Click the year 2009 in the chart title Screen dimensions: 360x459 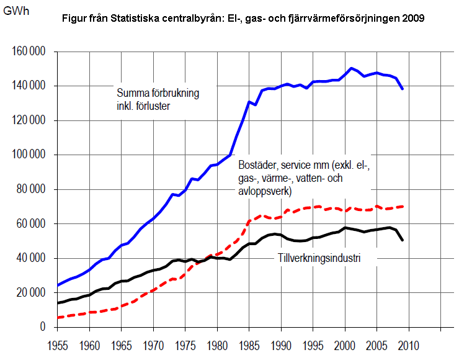(x=413, y=19)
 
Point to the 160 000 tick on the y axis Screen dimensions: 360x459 (x=30, y=52)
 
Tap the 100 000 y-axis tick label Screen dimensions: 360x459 (x=30, y=155)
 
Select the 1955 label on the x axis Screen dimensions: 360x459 (x=58, y=343)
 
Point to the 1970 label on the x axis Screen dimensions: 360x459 (x=153, y=343)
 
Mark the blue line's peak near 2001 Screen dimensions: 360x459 (x=351, y=68)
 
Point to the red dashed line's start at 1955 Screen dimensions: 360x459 (x=58, y=317)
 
